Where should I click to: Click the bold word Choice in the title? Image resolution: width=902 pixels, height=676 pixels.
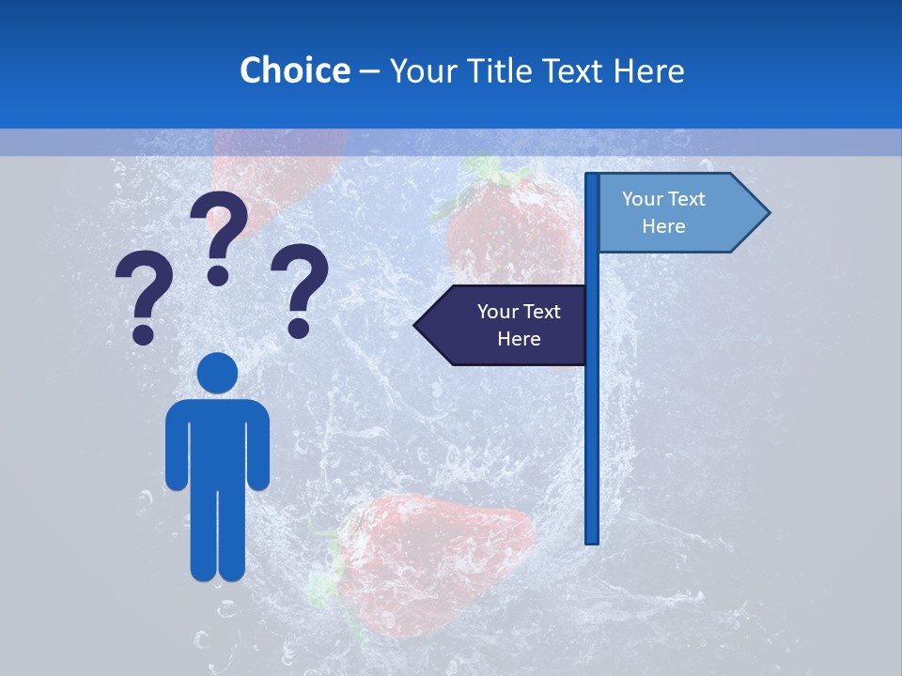294,70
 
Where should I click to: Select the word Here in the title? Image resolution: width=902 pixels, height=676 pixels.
648,70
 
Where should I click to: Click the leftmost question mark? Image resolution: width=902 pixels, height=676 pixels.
144,291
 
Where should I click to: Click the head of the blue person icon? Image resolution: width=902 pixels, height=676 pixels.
217,373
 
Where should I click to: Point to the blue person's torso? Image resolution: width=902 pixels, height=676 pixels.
217,441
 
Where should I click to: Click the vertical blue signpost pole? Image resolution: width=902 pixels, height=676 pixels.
592,422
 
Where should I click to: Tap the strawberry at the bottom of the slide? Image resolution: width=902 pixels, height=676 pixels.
432,554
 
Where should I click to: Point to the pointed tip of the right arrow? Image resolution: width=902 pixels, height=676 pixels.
768,213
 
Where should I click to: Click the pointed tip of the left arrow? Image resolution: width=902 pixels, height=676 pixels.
416,326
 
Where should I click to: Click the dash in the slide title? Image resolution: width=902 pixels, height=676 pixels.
369,71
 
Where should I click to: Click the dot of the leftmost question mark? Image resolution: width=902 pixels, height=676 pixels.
144,333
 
